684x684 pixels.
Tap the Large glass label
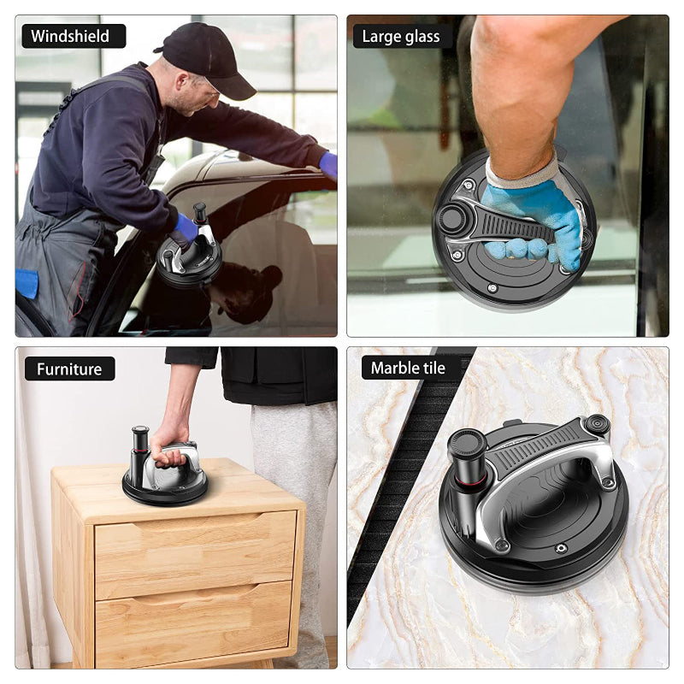401,37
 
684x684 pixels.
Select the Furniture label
70,369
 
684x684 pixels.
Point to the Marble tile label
409,369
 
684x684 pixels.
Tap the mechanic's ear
183,81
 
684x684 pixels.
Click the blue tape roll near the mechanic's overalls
27,284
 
